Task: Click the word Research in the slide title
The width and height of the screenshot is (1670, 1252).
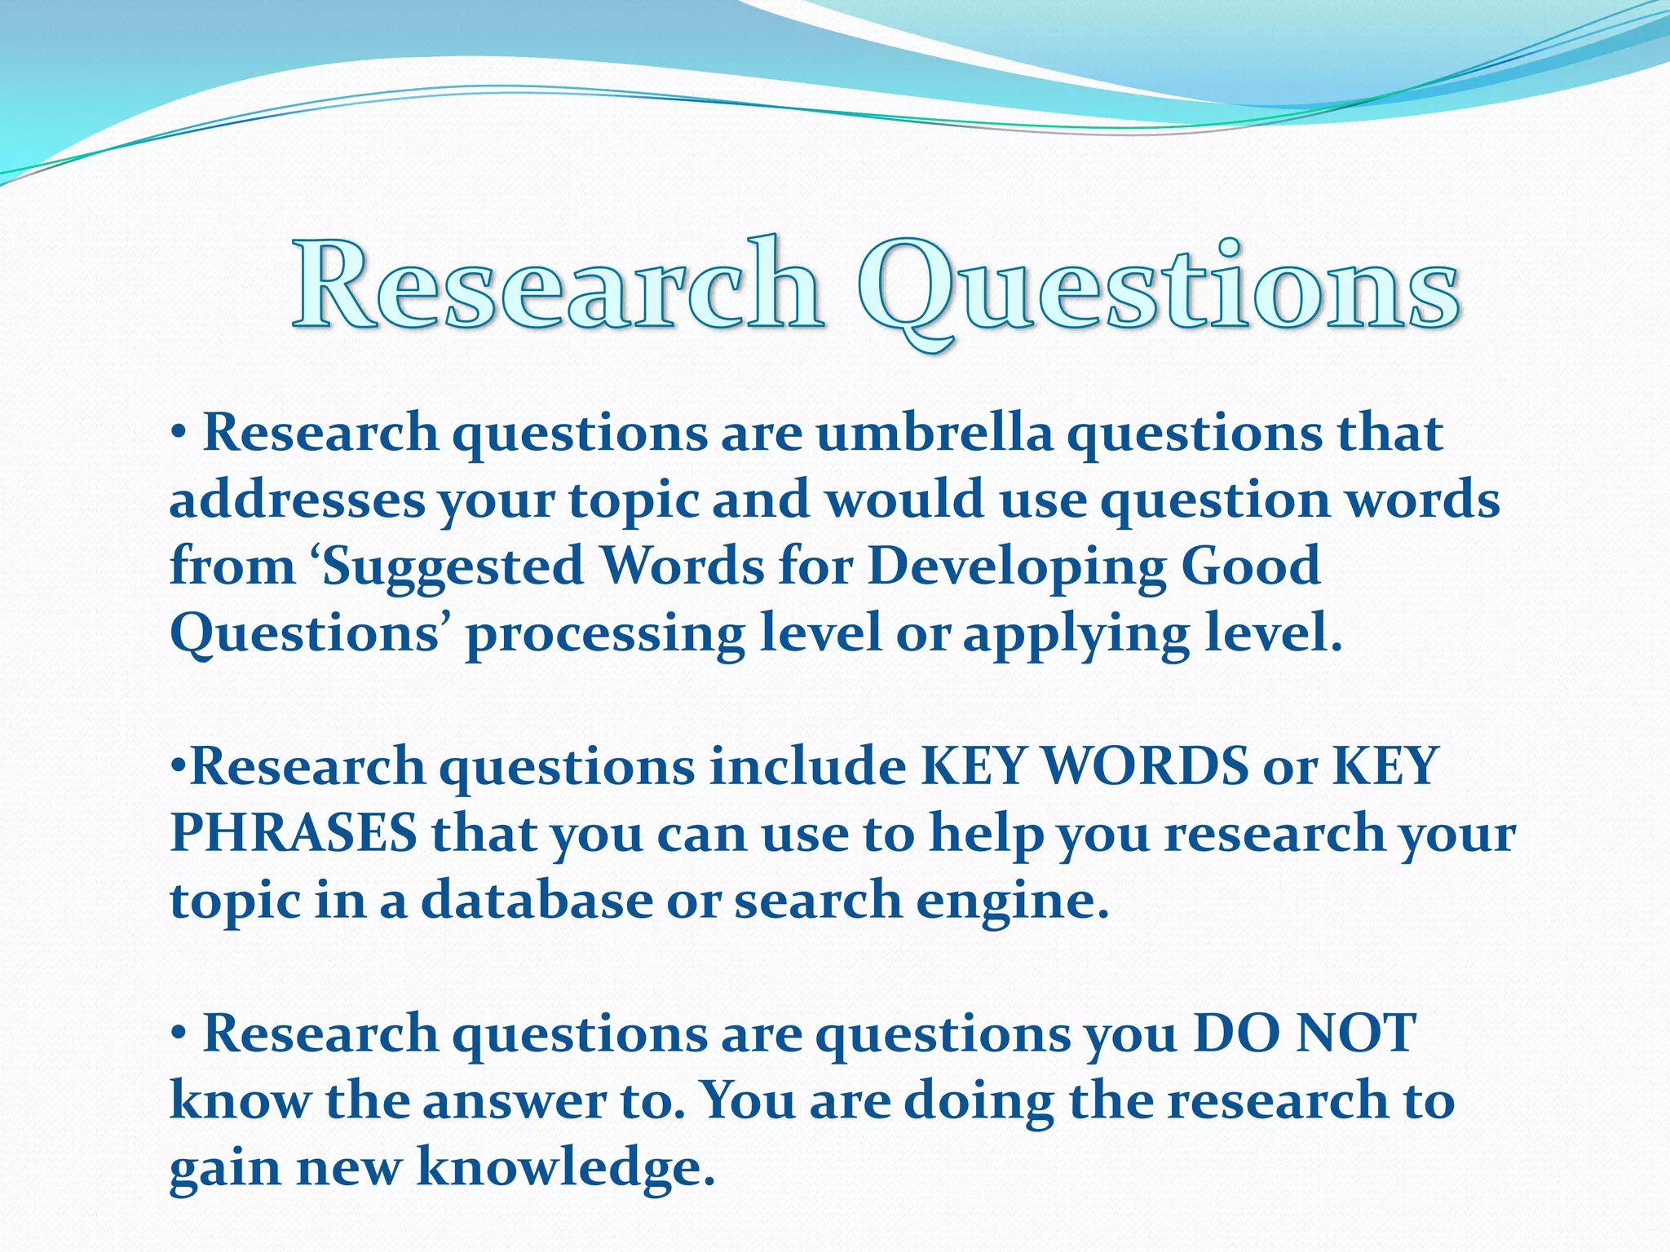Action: point(558,286)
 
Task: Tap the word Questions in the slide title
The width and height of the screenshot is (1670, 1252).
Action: point(1158,289)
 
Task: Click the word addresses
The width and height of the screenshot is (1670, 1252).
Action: point(297,500)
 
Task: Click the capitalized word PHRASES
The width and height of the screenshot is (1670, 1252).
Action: point(294,834)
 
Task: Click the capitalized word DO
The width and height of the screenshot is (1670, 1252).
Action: point(1235,1034)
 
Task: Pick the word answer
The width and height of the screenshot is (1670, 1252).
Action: point(514,1101)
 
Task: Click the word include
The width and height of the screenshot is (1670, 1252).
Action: point(807,767)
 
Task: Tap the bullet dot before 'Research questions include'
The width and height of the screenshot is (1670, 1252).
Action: point(179,765)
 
